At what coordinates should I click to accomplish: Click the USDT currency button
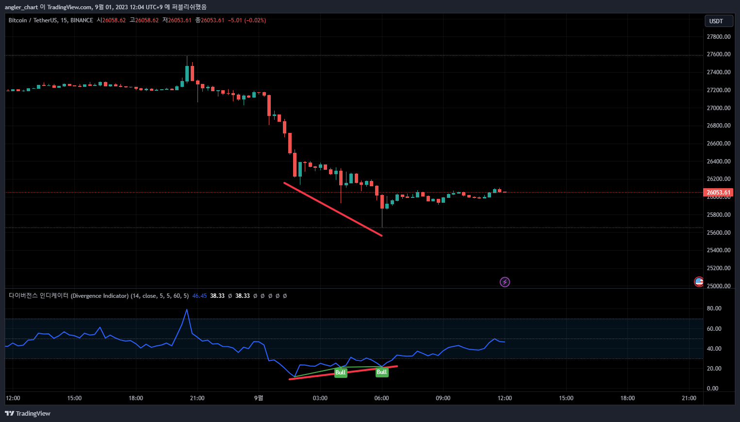[x=718, y=21]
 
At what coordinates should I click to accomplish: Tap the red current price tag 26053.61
[x=718, y=193]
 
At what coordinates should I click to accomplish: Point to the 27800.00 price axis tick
[x=718, y=37]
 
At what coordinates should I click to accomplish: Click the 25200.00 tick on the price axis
[x=718, y=268]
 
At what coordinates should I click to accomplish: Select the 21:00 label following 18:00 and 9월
[x=689, y=398]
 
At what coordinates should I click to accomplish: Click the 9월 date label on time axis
[x=259, y=398]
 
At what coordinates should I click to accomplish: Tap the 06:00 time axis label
[x=381, y=398]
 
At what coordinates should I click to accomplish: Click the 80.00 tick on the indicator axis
[x=714, y=308]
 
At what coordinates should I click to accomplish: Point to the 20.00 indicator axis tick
[x=714, y=369]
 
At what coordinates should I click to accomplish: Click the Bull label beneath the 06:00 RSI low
[x=382, y=372]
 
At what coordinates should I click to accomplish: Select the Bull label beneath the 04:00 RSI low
[x=341, y=373]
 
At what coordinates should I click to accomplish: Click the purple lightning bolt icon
[x=505, y=282]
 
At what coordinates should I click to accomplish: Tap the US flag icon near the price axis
[x=699, y=281]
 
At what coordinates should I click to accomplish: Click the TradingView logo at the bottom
[x=28, y=413]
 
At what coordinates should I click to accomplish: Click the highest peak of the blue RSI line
[x=187, y=309]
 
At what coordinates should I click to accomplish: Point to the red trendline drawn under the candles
[x=333, y=209]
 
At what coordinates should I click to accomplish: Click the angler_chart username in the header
[x=21, y=7]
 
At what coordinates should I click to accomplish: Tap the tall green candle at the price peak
[x=187, y=73]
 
